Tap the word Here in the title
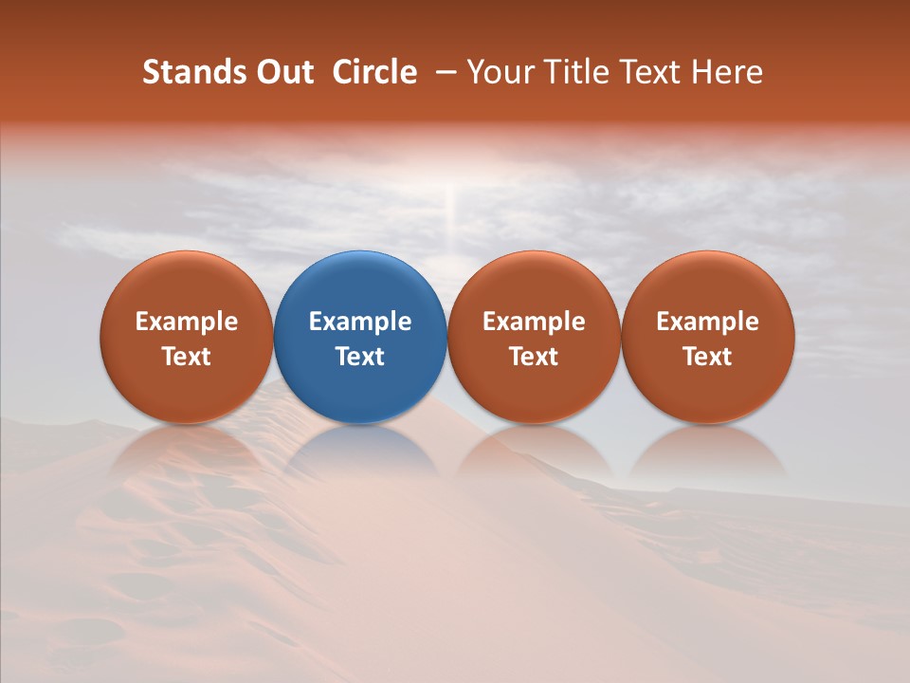(726, 72)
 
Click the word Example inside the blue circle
(360, 322)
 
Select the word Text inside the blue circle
(360, 357)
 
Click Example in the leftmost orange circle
(187, 322)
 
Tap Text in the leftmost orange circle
(187, 357)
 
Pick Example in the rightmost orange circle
(707, 322)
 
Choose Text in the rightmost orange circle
(707, 357)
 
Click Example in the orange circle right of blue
(534, 322)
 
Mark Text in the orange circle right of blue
(534, 357)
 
